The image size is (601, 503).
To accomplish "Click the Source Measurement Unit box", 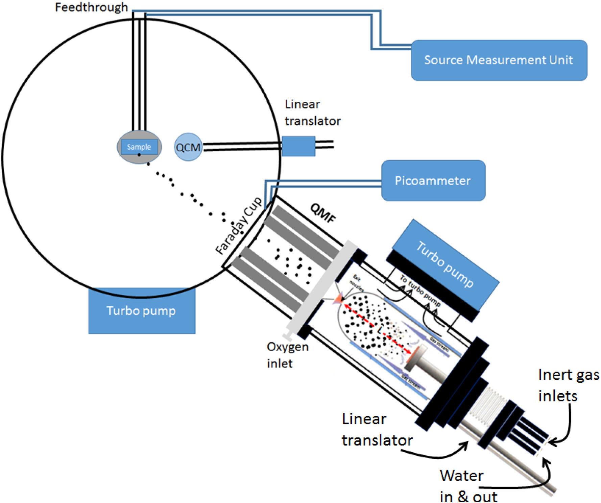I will (499, 60).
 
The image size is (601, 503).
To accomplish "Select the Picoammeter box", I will (433, 180).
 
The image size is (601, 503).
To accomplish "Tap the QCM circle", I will (188, 147).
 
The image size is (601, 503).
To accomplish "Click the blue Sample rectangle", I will (139, 147).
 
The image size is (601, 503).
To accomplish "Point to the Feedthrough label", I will (91, 7).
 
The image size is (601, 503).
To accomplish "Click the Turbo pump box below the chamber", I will (142, 311).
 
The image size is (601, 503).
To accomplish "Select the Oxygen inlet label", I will (287, 355).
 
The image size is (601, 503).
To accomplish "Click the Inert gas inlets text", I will (568, 385).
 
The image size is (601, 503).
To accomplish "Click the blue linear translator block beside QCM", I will (298, 146).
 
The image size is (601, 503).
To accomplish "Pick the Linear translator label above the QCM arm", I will (312, 112).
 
